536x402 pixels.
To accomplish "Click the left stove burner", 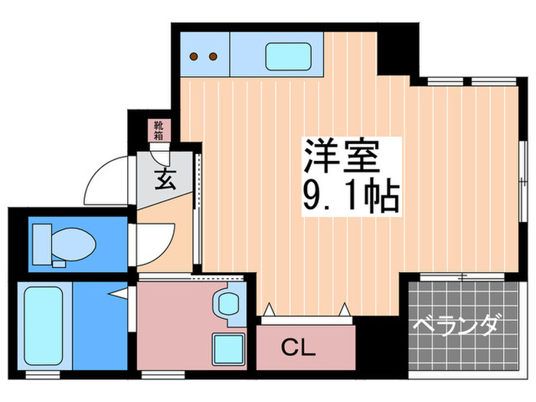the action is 194,57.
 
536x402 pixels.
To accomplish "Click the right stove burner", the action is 213,57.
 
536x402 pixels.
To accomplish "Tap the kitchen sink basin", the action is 288,57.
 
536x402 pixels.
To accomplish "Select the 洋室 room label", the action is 342,156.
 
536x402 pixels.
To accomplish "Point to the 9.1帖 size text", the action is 351,198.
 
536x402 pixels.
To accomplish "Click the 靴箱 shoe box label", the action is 158,130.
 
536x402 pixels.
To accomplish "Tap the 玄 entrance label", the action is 165,179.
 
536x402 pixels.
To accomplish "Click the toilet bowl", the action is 74,244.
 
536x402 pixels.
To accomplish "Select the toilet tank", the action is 41,244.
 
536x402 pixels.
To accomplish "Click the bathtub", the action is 44,325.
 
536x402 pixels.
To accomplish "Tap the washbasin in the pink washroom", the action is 228,304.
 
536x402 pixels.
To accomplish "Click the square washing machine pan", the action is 228,349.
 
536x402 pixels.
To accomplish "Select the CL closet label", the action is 298,348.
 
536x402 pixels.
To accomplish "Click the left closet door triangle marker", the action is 269,309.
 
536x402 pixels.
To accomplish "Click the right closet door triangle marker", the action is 345,309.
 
